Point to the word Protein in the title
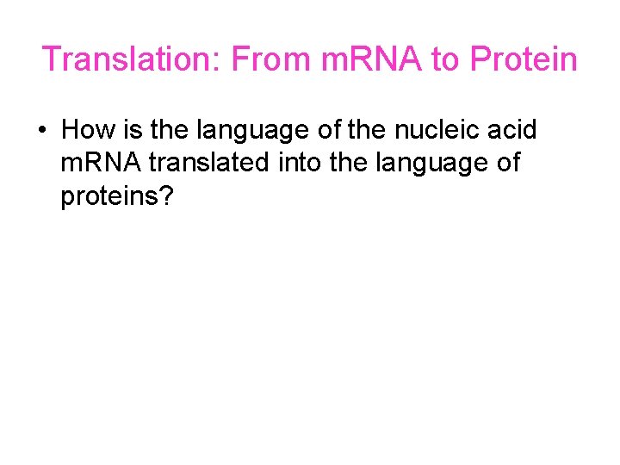[524, 60]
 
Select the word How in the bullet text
[85, 130]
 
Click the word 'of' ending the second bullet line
[508, 164]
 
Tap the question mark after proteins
[166, 197]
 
